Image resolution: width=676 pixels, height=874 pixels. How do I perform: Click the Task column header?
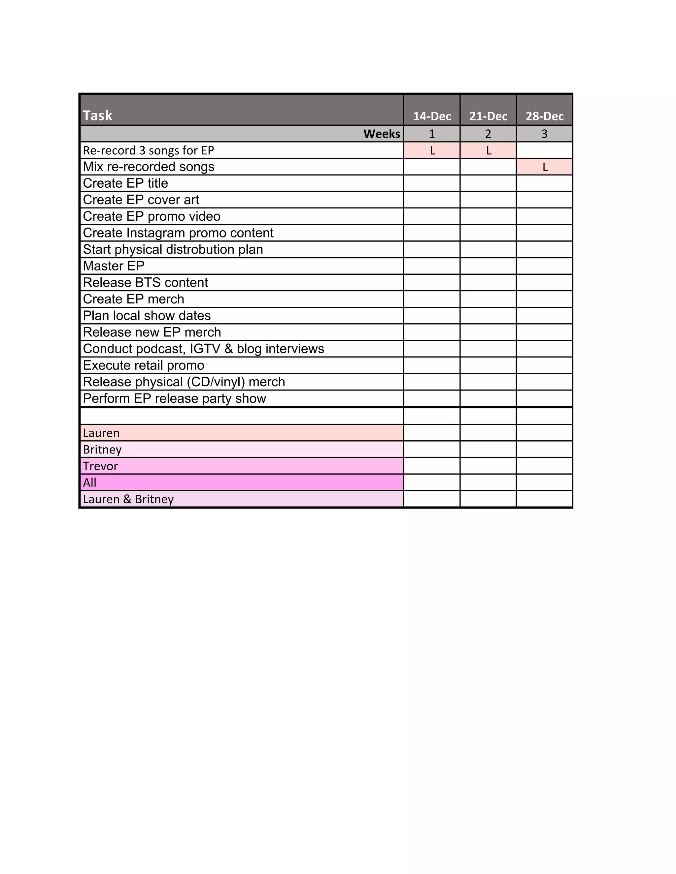coord(97,116)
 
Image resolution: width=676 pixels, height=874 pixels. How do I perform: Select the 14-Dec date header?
coord(432,116)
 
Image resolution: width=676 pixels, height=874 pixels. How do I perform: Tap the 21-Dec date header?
coord(488,116)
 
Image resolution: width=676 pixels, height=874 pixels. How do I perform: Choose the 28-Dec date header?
coord(544,116)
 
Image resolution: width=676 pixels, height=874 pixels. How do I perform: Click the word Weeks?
coord(382,134)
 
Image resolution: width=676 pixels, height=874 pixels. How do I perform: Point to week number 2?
coord(488,134)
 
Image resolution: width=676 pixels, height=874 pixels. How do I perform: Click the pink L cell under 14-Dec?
coord(432,150)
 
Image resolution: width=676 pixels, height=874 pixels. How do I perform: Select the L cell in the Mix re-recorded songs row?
coord(545,167)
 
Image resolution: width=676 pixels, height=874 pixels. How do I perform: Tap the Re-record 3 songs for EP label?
coord(148,150)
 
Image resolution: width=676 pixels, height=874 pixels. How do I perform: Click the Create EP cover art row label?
coord(141,200)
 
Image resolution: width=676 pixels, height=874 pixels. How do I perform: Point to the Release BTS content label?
coord(145,283)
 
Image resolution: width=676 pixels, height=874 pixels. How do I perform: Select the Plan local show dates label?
coord(147,316)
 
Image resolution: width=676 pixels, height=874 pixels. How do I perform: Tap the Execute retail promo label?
coord(143,365)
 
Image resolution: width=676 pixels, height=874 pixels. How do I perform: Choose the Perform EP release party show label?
coord(174,399)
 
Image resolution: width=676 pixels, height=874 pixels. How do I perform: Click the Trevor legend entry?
coord(101,466)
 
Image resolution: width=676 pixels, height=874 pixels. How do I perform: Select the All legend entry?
coord(90,483)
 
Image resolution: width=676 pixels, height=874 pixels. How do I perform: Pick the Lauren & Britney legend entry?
coord(128,499)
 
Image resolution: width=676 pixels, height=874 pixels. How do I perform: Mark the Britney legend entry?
coord(102,450)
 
